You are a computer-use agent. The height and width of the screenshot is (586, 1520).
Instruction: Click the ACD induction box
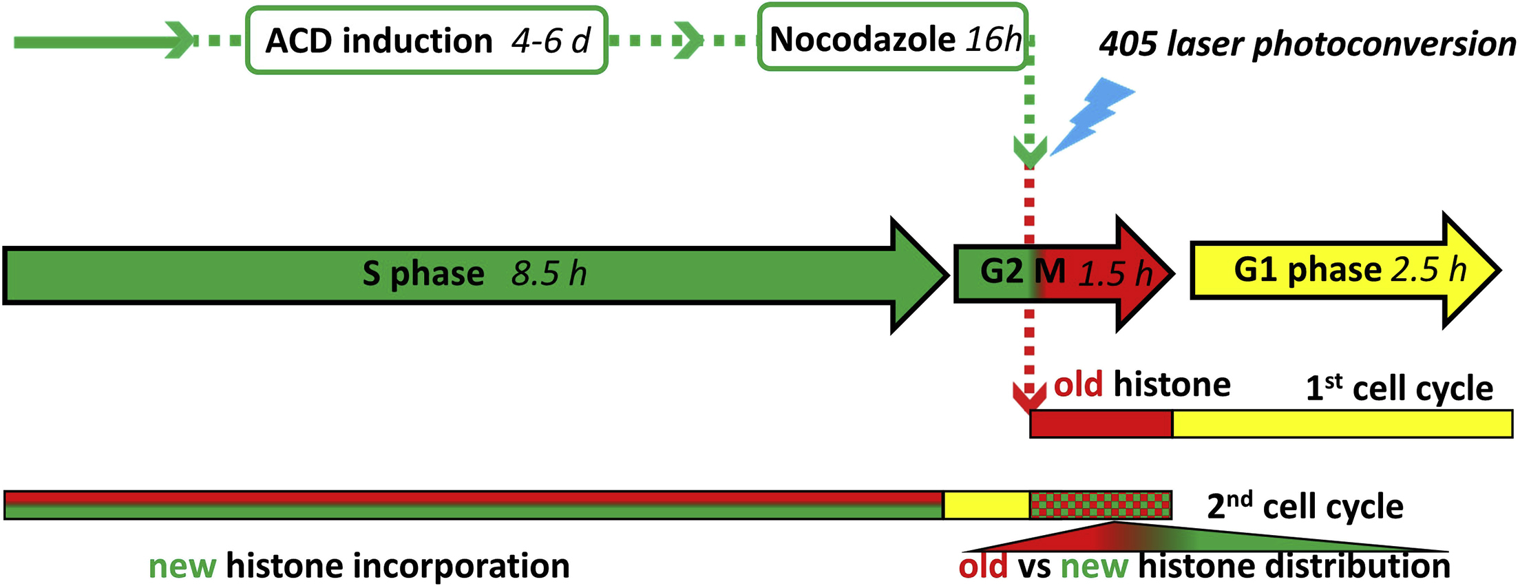(426, 41)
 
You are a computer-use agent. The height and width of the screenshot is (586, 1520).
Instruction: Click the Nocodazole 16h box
(893, 39)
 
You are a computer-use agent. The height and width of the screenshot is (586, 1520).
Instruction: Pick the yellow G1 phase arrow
(1342, 270)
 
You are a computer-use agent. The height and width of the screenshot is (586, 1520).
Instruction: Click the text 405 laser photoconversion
(1307, 44)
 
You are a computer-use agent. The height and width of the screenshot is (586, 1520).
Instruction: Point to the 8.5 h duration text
(549, 275)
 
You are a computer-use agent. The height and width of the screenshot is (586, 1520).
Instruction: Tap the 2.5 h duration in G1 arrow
(1429, 270)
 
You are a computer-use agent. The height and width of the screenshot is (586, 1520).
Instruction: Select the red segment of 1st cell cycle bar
(1101, 424)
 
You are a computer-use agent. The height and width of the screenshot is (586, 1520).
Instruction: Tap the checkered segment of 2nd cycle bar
(1100, 505)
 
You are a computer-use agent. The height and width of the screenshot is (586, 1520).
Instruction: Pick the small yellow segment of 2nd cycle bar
(986, 505)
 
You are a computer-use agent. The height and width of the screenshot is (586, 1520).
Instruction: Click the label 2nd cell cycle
(1305, 507)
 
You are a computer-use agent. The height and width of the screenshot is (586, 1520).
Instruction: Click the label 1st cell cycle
(1399, 388)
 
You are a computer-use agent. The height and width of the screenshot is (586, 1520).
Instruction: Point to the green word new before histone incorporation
(182, 567)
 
